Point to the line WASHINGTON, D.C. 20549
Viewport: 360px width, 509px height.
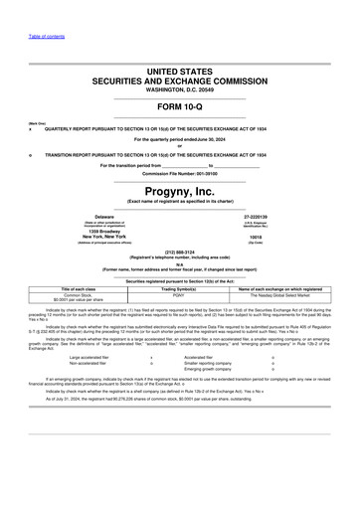pyautogui.click(x=179, y=88)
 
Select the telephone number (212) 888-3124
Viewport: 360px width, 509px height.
pyautogui.click(x=179, y=253)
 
